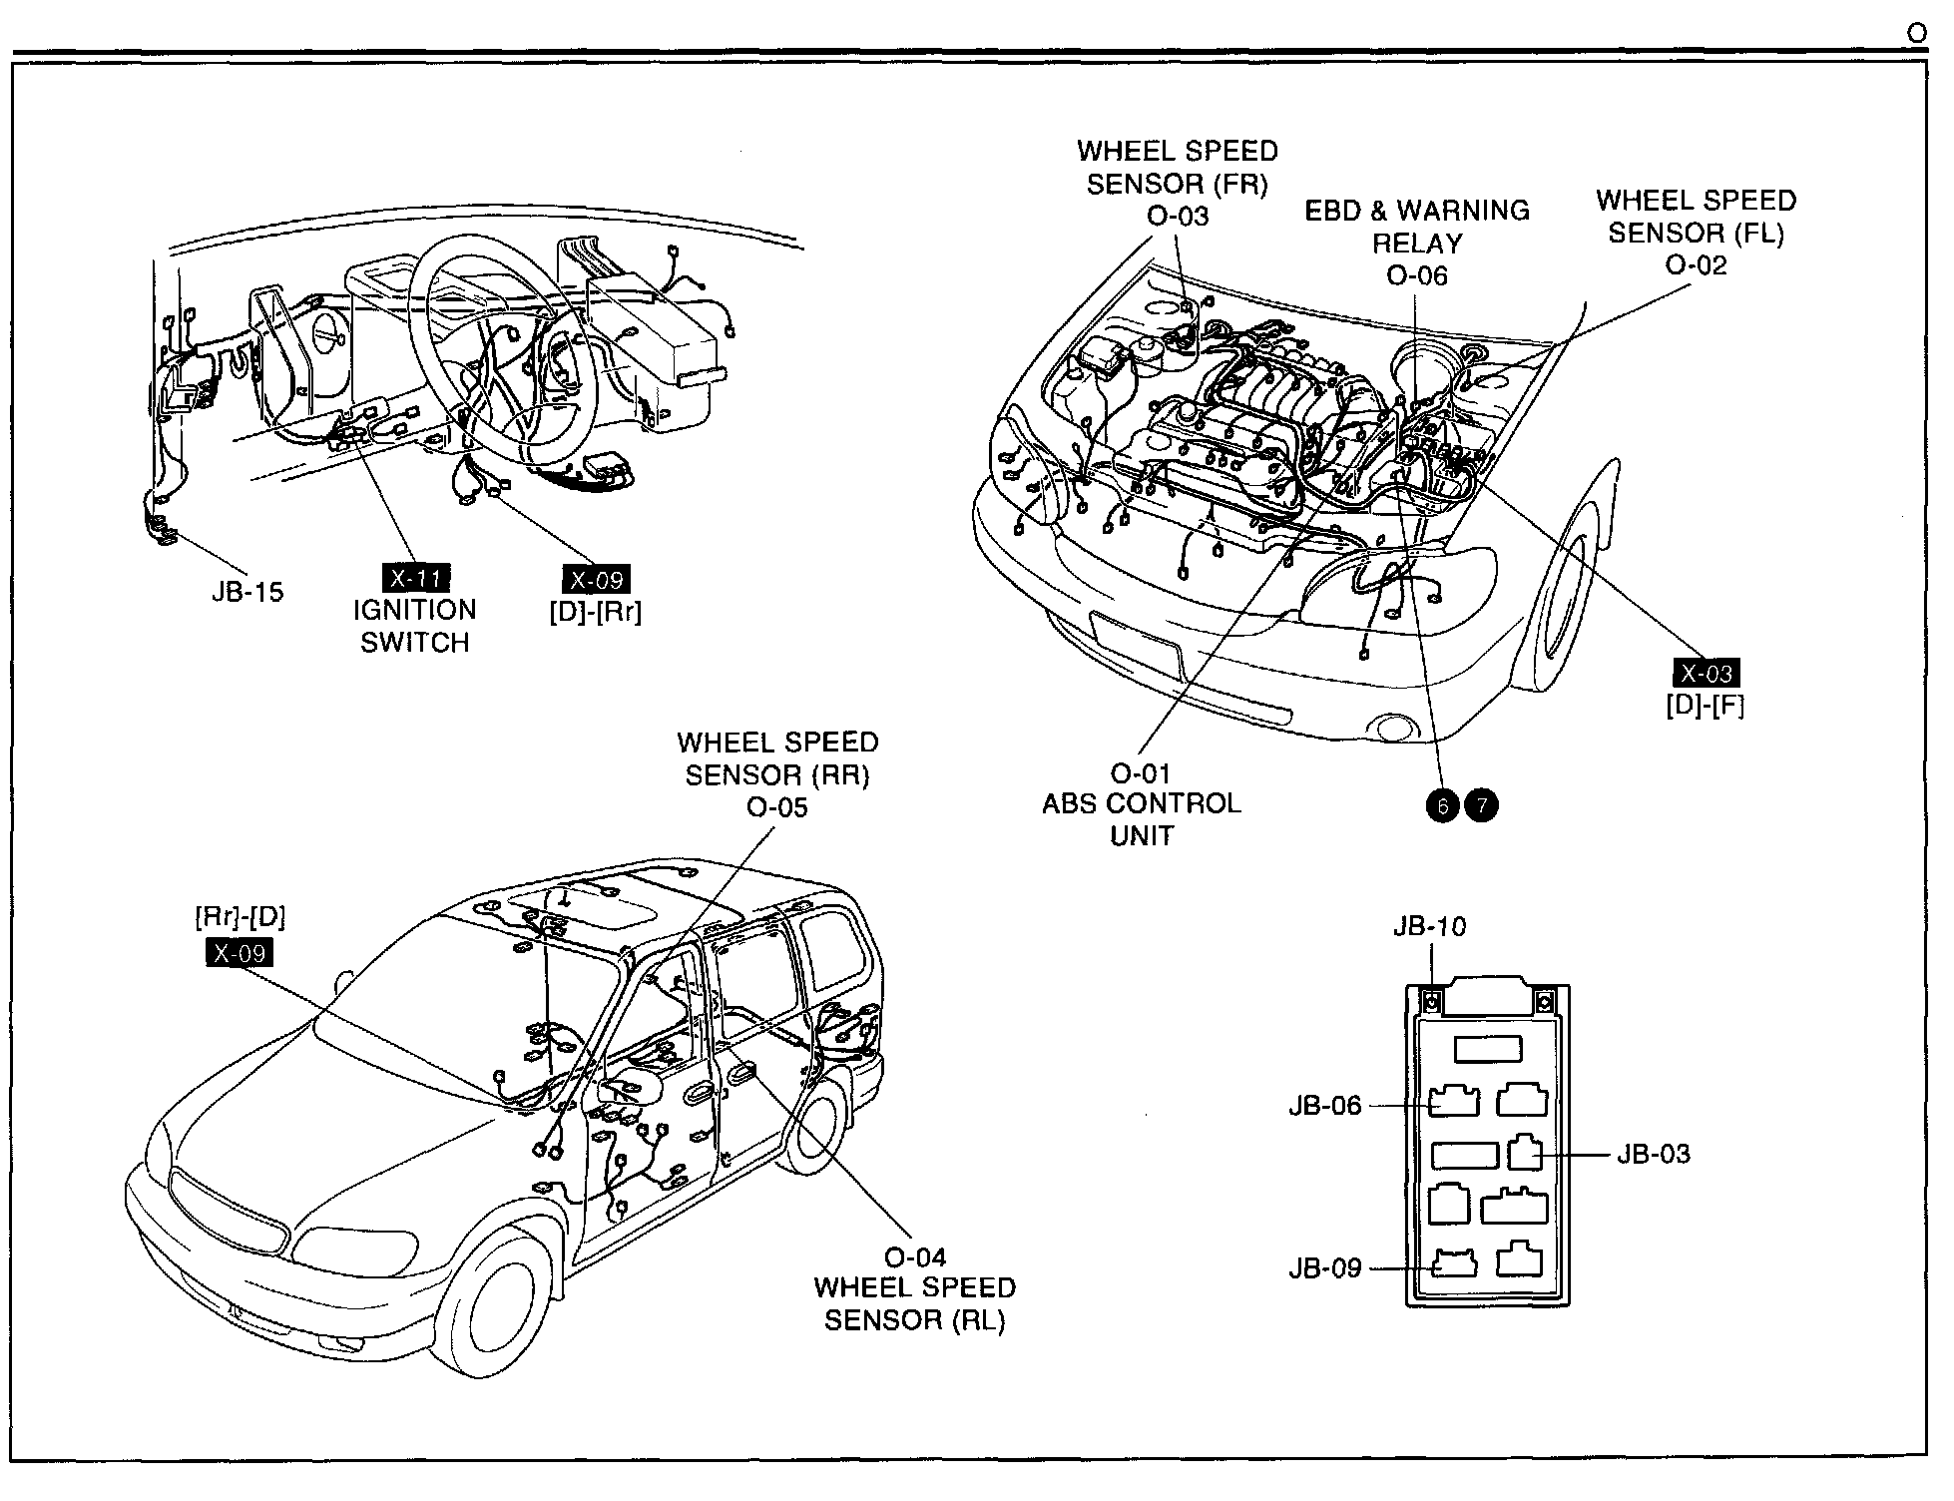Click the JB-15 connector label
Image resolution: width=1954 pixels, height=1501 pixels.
[247, 592]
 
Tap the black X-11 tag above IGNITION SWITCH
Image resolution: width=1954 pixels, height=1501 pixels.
[416, 578]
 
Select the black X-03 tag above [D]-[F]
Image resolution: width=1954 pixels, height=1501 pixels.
[1706, 674]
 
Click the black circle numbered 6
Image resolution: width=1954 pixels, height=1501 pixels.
[1443, 804]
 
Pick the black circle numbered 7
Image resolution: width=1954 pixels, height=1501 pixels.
[1481, 804]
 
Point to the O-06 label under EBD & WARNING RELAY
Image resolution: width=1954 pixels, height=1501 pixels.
[1416, 275]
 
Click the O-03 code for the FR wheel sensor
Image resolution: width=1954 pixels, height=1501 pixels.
[1178, 216]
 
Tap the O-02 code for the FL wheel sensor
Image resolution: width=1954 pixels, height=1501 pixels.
[1696, 265]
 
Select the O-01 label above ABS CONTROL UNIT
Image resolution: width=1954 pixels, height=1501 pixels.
[1141, 773]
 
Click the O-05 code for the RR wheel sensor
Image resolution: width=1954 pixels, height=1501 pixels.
[776, 807]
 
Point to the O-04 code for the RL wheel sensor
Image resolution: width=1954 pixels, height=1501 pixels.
[915, 1257]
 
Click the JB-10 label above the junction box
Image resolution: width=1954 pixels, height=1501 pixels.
[1429, 927]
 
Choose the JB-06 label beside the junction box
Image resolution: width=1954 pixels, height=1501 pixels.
[1324, 1106]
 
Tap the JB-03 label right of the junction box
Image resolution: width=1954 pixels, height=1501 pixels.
[1654, 1155]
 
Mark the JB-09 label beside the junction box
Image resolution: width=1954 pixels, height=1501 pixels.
[1324, 1268]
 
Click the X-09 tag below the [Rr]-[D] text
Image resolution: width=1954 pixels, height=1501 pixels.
[239, 953]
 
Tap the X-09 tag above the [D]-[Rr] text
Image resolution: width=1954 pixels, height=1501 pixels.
[596, 580]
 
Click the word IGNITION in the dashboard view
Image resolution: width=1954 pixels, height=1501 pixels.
[414, 611]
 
